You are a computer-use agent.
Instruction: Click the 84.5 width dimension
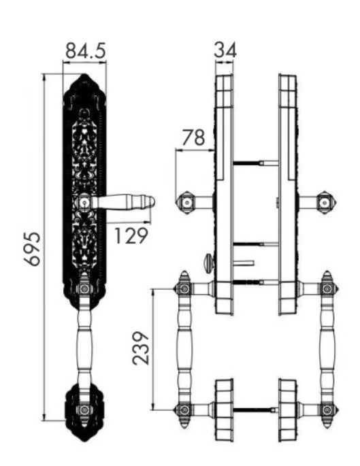click(x=84, y=51)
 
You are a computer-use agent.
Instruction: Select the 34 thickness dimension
click(x=225, y=50)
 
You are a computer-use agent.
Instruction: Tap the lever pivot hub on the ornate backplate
click(x=84, y=202)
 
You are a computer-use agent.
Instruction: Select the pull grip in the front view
click(x=84, y=348)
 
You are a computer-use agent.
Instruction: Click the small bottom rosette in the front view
click(x=84, y=410)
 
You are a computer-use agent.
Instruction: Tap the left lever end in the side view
click(x=186, y=202)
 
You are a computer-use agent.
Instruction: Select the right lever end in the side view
click(x=326, y=202)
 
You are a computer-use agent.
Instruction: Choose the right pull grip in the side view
click(x=328, y=348)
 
